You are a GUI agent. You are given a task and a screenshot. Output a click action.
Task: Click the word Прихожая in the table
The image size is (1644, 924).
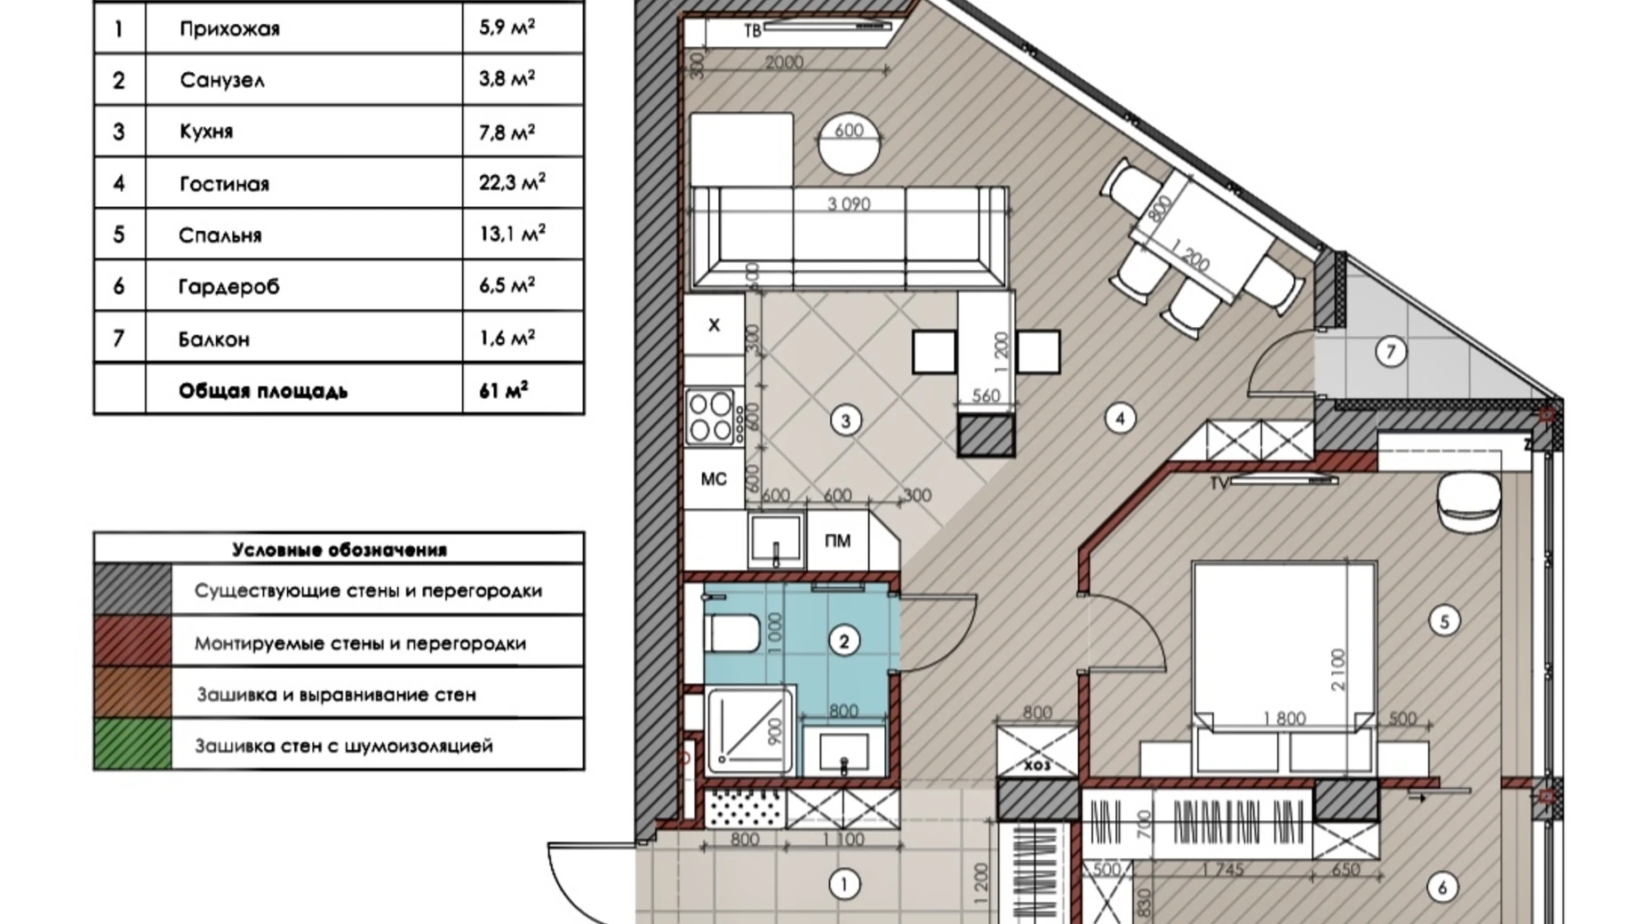[x=229, y=28]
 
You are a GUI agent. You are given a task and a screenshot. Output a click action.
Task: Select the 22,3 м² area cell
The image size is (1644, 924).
[x=512, y=182]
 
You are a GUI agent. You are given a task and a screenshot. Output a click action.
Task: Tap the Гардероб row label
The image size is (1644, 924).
[x=228, y=286]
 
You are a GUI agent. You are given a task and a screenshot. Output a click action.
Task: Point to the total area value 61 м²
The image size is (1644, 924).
[x=503, y=390]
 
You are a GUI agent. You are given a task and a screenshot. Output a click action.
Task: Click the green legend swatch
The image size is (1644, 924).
[x=132, y=745]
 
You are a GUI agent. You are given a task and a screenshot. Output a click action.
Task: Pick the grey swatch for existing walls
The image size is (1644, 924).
[x=132, y=589]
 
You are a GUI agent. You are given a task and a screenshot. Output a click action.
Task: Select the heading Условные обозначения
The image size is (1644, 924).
[x=339, y=549]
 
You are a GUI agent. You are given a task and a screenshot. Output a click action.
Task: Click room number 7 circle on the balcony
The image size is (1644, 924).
[x=1391, y=352]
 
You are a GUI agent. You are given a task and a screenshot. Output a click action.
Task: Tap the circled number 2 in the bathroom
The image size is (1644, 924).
[x=843, y=641]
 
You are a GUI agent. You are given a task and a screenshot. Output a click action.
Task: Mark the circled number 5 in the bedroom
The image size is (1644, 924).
[x=1444, y=621]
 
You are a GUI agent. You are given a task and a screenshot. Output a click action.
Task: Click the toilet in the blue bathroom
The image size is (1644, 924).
[x=732, y=635]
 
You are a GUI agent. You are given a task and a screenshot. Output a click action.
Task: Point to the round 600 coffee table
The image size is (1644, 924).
[x=849, y=143]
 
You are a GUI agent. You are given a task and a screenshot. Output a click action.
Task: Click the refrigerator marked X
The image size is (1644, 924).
[x=714, y=325]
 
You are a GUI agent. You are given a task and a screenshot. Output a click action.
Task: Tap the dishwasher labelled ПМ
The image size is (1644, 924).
[x=837, y=540]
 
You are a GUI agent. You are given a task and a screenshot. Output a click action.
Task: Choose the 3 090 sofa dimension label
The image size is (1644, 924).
[x=849, y=204]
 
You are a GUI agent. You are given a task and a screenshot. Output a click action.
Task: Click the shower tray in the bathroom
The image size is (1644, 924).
[x=750, y=729]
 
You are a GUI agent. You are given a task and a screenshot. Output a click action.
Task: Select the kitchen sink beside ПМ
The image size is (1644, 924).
[x=776, y=540]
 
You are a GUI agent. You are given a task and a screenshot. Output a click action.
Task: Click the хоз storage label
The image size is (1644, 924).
[x=1036, y=765]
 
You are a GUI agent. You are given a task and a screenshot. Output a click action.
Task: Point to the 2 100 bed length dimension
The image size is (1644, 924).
[x=1338, y=669]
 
